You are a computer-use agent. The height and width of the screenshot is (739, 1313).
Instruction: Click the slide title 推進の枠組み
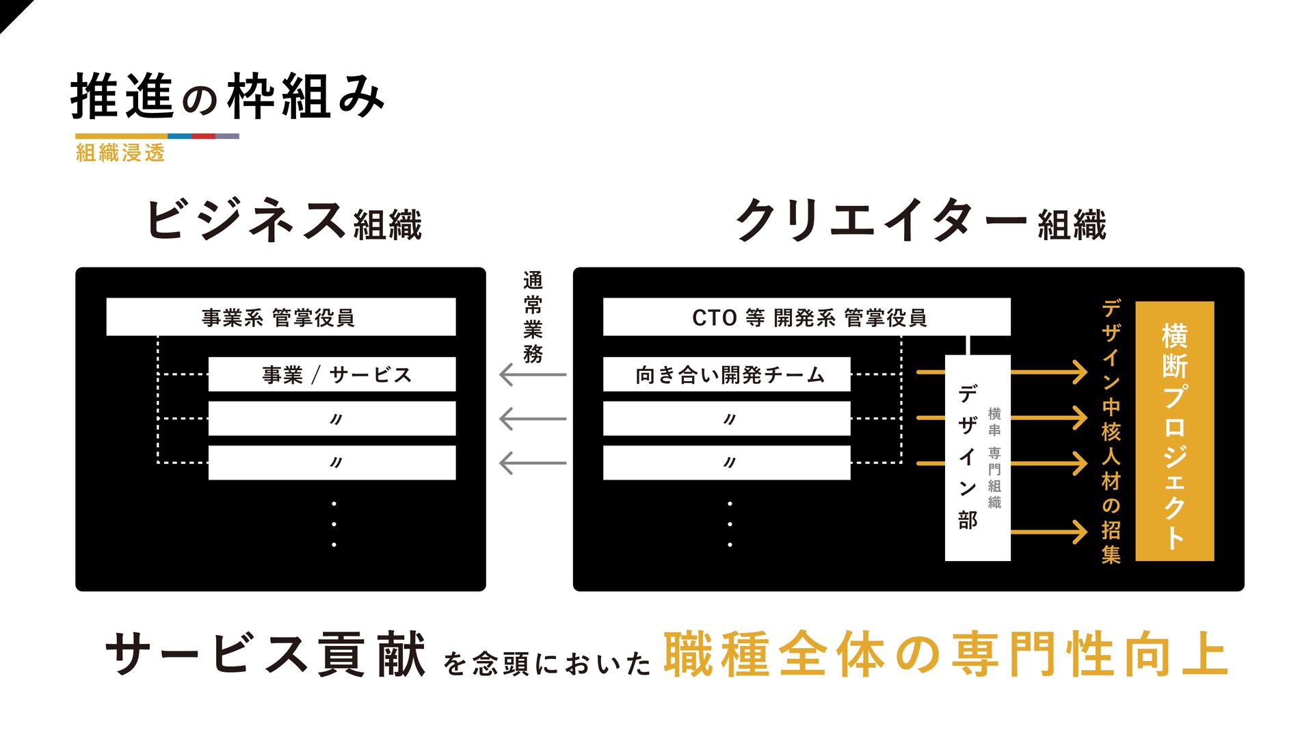point(227,96)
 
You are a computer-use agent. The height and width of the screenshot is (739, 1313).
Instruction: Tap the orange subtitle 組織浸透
point(120,153)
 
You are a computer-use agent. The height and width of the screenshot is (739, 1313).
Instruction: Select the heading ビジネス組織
point(284,220)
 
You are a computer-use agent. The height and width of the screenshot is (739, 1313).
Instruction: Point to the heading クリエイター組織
point(920,220)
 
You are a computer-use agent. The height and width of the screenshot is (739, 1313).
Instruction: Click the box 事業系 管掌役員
point(280,317)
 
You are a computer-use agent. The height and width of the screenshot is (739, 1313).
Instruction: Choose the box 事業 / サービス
point(332,374)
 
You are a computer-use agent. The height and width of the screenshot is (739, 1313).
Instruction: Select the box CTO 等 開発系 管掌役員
point(807,317)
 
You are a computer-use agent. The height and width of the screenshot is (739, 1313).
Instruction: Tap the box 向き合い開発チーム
point(727,374)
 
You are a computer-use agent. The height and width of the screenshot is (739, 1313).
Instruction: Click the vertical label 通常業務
point(533,317)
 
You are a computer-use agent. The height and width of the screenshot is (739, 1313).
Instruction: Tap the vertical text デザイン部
point(967,457)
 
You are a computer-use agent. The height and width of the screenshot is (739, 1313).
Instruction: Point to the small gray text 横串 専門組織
point(994,458)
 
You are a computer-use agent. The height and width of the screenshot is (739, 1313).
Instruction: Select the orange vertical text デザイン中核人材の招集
point(1111,432)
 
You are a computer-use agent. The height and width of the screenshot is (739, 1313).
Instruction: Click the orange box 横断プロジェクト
point(1174,432)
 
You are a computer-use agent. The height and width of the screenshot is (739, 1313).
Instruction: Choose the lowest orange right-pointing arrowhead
point(1079,532)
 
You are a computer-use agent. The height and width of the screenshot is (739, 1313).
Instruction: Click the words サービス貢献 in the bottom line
point(265,655)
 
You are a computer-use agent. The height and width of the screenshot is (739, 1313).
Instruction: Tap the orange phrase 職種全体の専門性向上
point(945,655)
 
